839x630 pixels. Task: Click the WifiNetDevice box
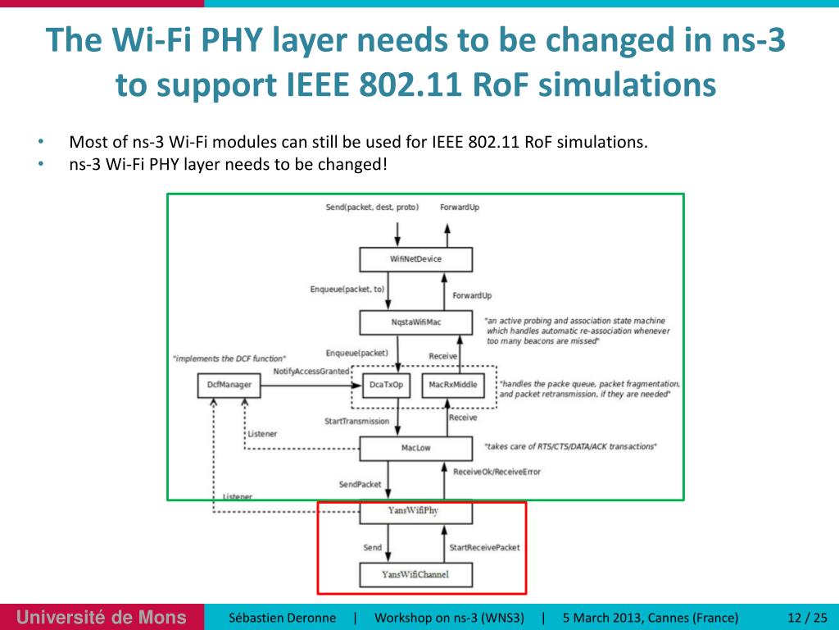416,259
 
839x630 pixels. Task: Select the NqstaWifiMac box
416,322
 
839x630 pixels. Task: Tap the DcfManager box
229,385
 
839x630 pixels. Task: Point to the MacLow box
416,448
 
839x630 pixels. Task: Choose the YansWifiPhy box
416,511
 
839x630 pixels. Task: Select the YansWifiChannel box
416,574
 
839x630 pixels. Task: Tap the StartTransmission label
357,422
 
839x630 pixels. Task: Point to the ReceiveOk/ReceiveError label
497,472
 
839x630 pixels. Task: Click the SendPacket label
361,484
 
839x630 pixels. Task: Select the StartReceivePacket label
485,547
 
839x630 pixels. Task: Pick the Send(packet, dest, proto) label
372,208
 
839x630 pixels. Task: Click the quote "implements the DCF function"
229,358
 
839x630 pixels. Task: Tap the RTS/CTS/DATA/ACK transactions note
570,446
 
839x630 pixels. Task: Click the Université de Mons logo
102,617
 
